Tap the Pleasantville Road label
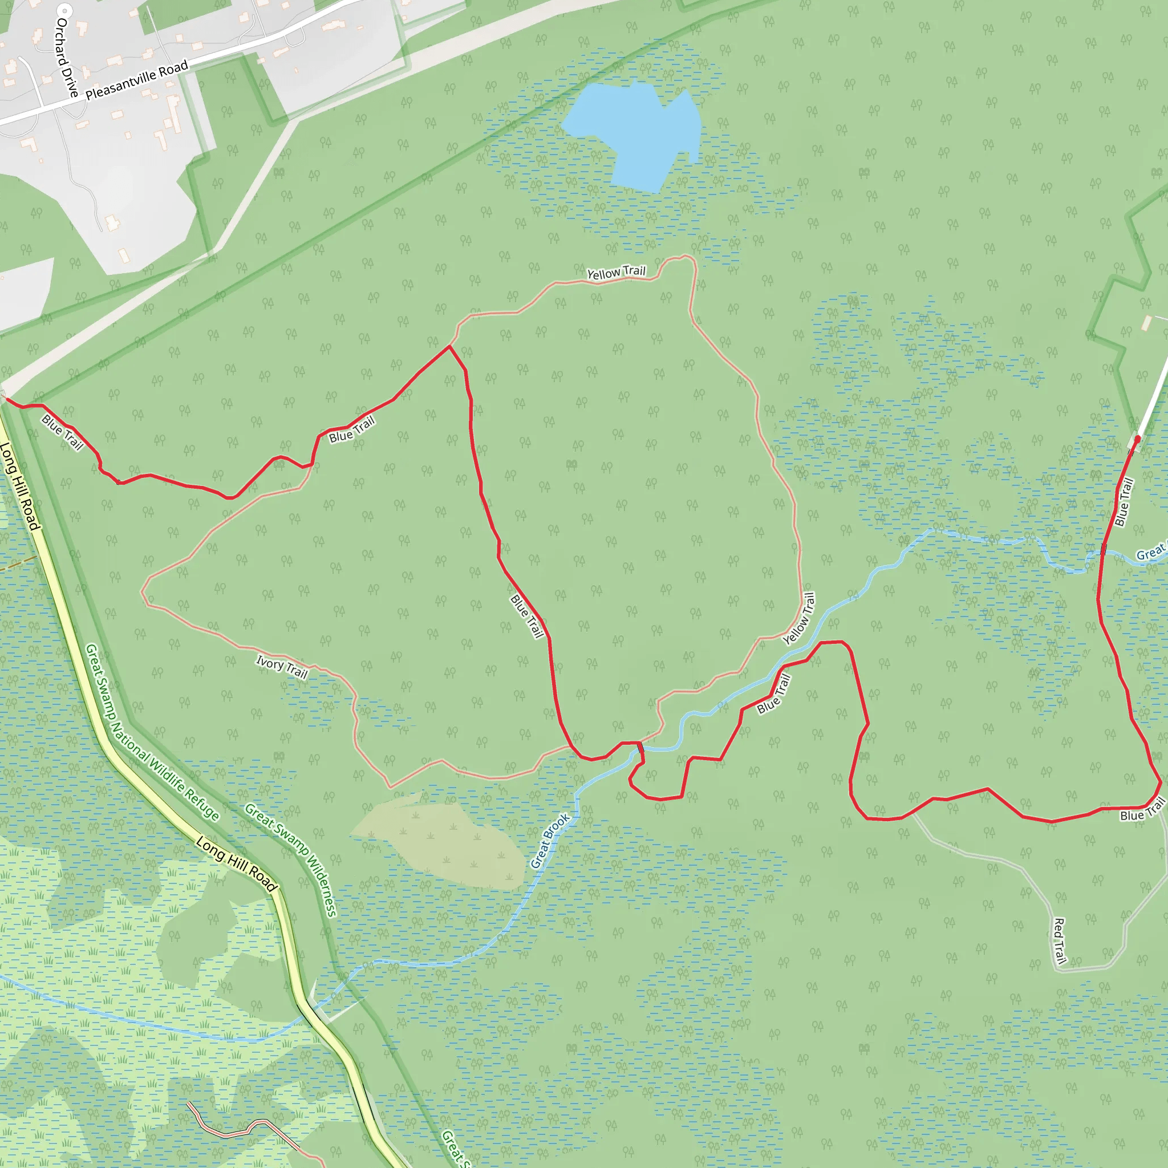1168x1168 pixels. coord(137,80)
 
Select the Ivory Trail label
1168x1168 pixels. coord(282,667)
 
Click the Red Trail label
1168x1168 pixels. coord(1059,940)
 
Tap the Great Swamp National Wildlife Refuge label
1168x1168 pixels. coord(151,732)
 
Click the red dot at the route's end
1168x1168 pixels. coord(1137,439)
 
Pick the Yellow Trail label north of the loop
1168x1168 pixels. coord(616,273)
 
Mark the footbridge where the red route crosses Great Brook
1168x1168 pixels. coord(640,749)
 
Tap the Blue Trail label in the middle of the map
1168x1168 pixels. coord(527,616)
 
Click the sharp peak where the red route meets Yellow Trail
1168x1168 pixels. coord(449,346)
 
